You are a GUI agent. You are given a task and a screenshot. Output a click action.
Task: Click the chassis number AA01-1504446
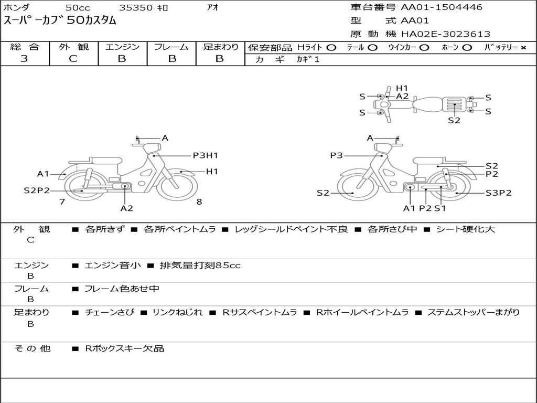point(442,7)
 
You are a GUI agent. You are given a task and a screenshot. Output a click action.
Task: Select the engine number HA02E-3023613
point(446,34)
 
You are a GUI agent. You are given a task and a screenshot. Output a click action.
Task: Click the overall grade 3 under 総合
point(24,59)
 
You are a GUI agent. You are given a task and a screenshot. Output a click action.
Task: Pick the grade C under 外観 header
point(73,59)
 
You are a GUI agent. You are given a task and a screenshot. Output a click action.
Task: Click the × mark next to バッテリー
point(523,48)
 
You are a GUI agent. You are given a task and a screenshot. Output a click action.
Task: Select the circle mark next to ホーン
point(467,48)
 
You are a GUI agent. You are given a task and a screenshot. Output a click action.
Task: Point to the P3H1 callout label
point(206,155)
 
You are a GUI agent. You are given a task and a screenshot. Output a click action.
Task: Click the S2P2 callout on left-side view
point(37,190)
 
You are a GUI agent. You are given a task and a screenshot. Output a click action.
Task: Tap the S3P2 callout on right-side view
point(499,193)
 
